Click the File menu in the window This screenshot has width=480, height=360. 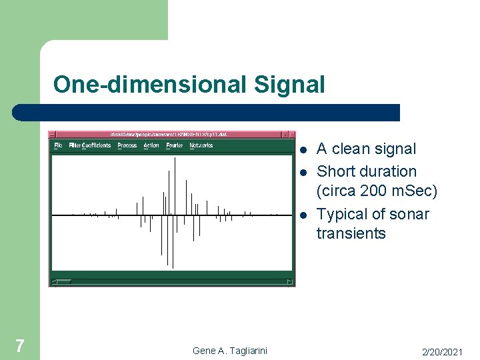(x=58, y=145)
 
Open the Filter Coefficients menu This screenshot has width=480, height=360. (x=90, y=145)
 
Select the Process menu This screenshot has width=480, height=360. (x=127, y=145)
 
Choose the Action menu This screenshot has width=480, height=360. (x=151, y=145)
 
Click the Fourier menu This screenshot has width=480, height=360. (x=174, y=145)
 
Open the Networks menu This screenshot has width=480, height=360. (x=201, y=145)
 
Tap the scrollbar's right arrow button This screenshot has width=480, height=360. (x=290, y=282)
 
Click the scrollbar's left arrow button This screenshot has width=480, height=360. (x=55, y=282)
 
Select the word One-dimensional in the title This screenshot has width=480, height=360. (x=150, y=85)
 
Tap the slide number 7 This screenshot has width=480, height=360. (x=19, y=345)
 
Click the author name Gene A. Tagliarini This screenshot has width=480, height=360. (x=229, y=350)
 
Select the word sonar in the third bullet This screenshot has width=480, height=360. (x=408, y=214)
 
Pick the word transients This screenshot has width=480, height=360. (x=351, y=233)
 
